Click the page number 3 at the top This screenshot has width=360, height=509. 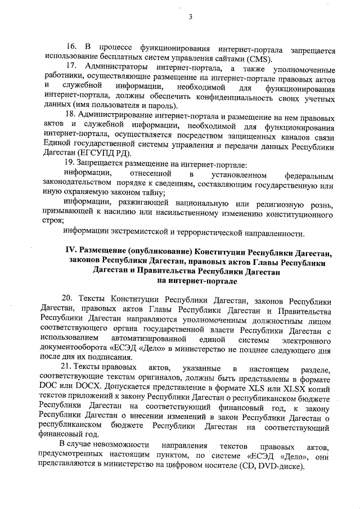coord(190,17)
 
